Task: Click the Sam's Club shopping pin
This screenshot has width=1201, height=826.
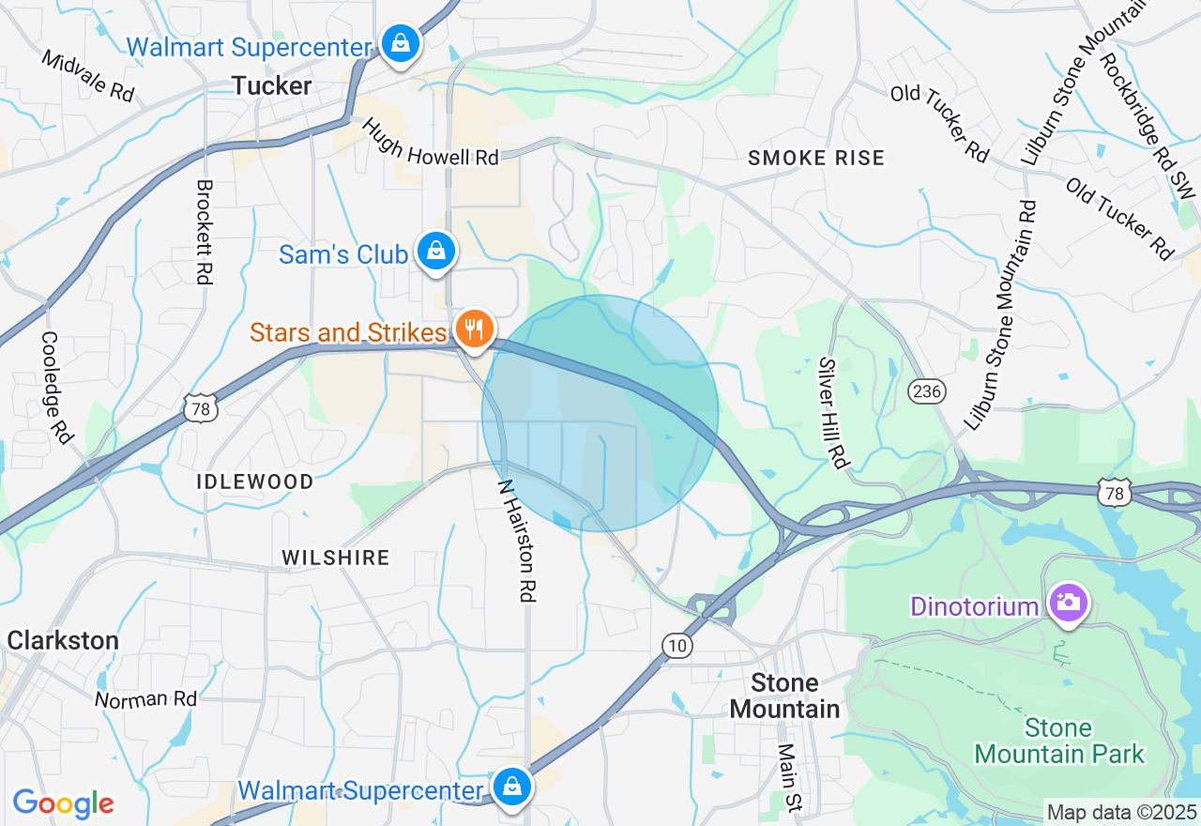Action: click(x=436, y=252)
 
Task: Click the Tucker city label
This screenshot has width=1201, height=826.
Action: click(x=272, y=86)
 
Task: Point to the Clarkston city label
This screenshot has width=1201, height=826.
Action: click(x=63, y=641)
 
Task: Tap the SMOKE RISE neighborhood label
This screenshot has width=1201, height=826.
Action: click(x=816, y=158)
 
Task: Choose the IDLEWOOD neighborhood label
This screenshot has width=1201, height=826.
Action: click(x=255, y=482)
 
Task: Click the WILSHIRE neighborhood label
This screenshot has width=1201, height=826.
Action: click(x=336, y=558)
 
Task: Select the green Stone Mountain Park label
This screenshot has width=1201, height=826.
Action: click(x=1059, y=741)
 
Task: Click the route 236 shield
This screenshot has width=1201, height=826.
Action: click(x=927, y=390)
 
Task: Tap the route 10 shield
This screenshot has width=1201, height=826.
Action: click(x=677, y=646)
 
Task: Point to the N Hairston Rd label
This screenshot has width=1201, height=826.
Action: click(x=516, y=541)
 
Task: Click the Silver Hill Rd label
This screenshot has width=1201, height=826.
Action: click(x=832, y=412)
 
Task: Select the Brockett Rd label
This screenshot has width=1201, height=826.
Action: click(x=204, y=232)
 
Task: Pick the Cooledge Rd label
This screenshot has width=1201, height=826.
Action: click(x=56, y=387)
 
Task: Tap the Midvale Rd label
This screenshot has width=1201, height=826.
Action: click(x=88, y=75)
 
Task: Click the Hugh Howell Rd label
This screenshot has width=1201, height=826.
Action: click(x=430, y=142)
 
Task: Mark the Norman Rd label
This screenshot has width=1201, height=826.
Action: click(x=145, y=699)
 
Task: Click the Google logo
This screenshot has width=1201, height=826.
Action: click(x=63, y=803)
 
